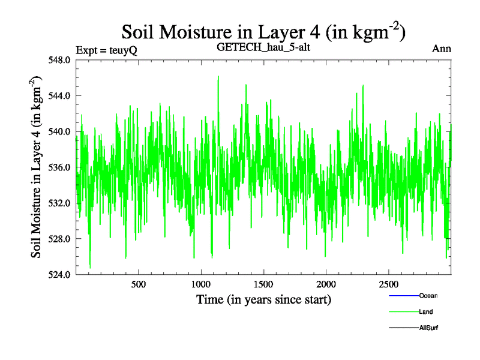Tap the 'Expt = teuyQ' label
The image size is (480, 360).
[x=107, y=50]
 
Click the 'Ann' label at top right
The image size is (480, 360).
[x=442, y=49]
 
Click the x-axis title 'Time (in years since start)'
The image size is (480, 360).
[x=263, y=299]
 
